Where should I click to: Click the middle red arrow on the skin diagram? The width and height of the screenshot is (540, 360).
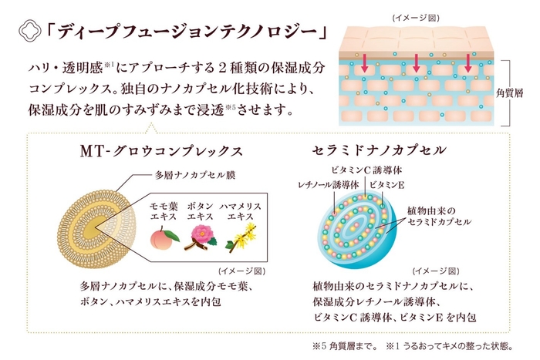coord(417,65)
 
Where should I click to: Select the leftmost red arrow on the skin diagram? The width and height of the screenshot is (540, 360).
coord(366,61)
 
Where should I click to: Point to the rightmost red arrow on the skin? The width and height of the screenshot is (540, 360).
coord(467,65)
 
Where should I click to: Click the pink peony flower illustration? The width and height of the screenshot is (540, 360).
coord(200,238)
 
